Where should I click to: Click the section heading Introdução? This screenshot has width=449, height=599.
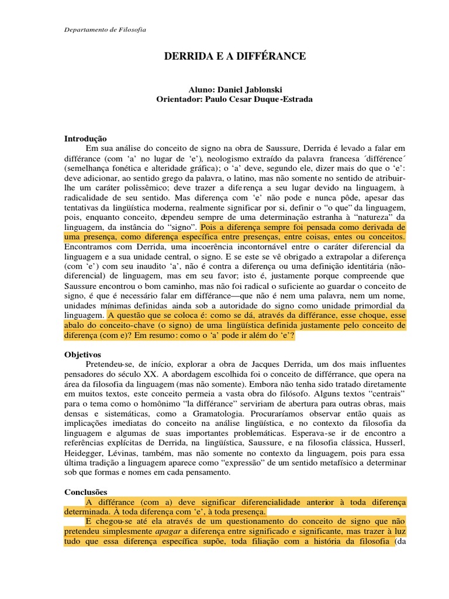(x=85, y=139)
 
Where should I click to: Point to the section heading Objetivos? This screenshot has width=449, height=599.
(x=82, y=354)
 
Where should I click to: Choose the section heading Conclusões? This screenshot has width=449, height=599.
(x=87, y=493)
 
